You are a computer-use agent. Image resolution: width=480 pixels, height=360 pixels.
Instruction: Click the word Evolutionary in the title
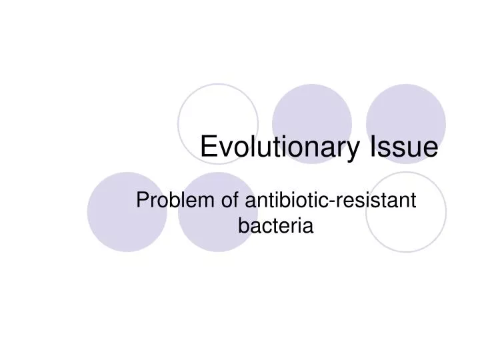coord(279,148)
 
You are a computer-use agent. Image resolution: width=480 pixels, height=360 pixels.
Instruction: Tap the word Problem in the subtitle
coord(174,200)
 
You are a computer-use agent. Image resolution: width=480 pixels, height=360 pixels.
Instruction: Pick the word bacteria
coord(275,226)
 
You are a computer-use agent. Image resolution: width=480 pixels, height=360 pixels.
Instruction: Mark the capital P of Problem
coord(141,200)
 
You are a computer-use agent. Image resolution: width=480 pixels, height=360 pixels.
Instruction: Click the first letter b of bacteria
coord(243,226)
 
